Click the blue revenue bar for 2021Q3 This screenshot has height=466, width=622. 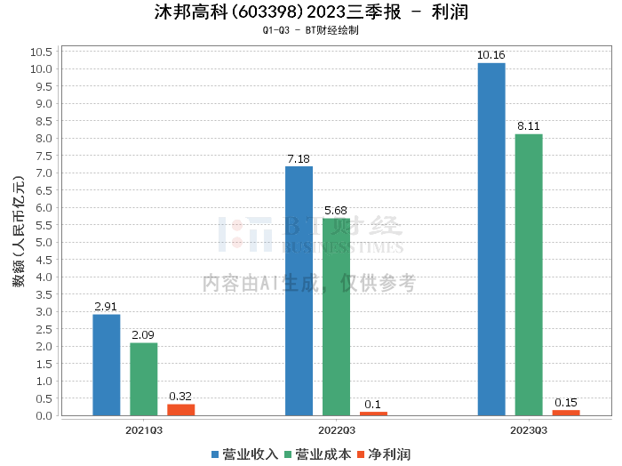[x=107, y=365]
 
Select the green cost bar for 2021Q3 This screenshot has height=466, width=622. [x=144, y=379]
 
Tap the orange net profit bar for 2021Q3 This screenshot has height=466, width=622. [x=181, y=410]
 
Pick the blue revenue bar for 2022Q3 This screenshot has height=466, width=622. [x=299, y=291]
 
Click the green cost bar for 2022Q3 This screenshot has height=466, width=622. [x=336, y=317]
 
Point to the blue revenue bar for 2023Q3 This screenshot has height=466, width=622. [x=491, y=239]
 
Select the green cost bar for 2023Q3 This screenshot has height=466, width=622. [x=529, y=275]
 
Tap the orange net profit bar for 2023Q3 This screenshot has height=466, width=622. [x=566, y=413]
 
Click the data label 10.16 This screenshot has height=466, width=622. [x=491, y=55]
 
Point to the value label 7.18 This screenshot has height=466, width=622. [x=299, y=159]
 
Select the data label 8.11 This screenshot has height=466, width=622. [x=529, y=126]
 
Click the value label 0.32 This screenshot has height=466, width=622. [x=180, y=397]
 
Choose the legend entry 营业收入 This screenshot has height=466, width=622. [x=245, y=454]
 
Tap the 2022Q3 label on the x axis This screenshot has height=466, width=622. [x=336, y=430]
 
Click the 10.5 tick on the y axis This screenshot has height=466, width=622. [x=42, y=52]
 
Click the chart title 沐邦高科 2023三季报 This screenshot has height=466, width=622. [x=311, y=12]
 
